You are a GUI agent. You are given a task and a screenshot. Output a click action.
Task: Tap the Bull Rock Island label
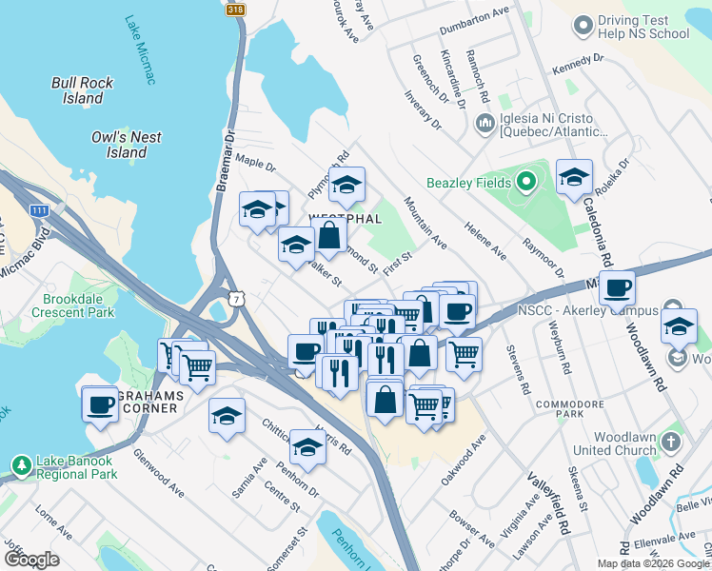[x=84, y=90]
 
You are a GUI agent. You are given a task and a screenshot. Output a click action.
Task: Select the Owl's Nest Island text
[x=126, y=145]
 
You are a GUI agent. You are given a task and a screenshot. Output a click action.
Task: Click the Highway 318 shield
[x=235, y=9]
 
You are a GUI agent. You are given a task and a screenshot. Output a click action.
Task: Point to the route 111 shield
[x=39, y=209]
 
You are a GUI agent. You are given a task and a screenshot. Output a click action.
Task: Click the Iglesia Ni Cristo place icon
[x=485, y=124]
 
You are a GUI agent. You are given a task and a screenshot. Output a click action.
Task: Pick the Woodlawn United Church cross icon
[x=670, y=443]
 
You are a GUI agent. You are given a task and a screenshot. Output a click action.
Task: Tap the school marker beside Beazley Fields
[x=574, y=177]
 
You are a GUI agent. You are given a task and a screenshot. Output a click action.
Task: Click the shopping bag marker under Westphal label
[x=329, y=235]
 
